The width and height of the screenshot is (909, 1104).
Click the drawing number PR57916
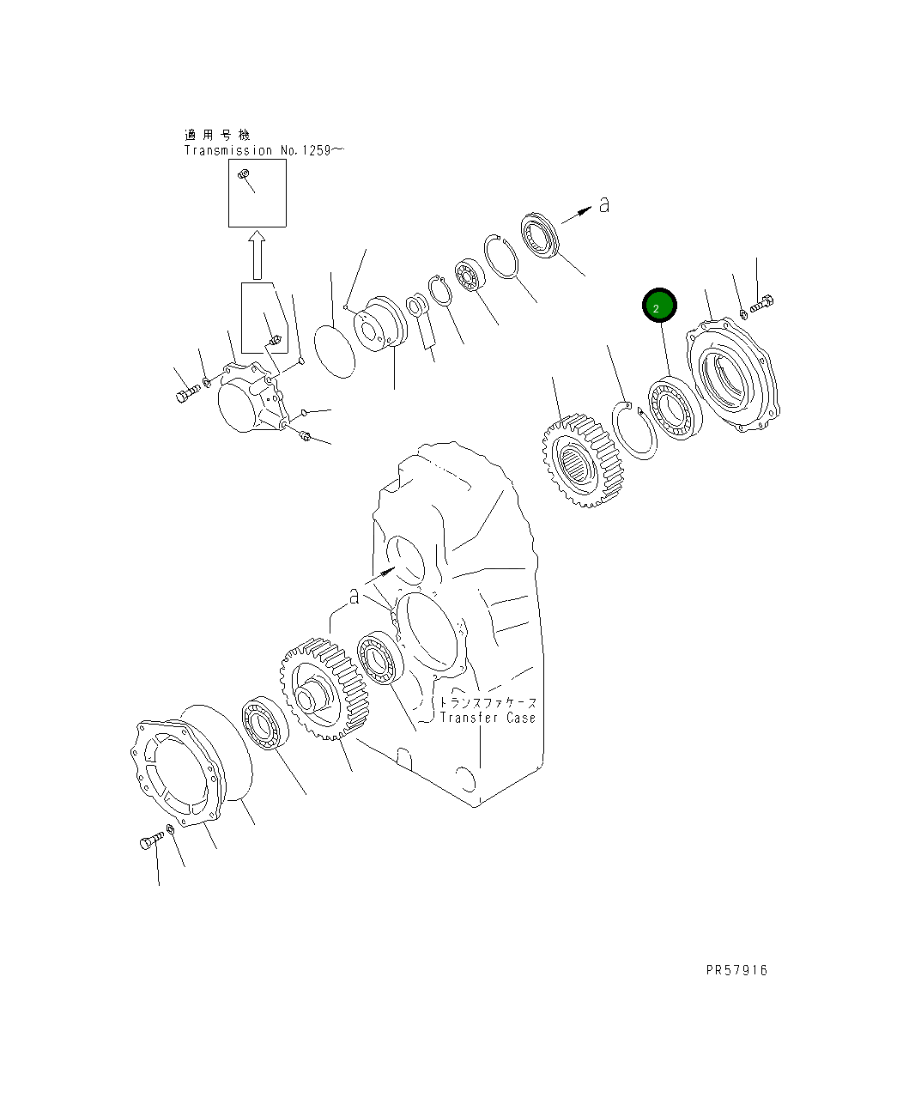[x=736, y=970]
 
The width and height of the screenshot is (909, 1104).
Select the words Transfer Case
[x=488, y=718]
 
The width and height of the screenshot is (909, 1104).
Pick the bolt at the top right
[x=762, y=304]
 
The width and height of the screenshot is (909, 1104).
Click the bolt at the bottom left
[x=151, y=841]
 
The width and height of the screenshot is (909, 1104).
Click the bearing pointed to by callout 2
[x=676, y=407]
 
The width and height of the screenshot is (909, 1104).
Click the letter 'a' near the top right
[x=604, y=205]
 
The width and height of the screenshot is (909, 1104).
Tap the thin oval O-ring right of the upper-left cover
[x=334, y=349]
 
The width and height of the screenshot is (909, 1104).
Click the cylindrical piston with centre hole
[x=379, y=325]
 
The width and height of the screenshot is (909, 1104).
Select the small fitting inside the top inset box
[x=244, y=177]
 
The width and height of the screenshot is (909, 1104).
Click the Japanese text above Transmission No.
[x=217, y=135]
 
